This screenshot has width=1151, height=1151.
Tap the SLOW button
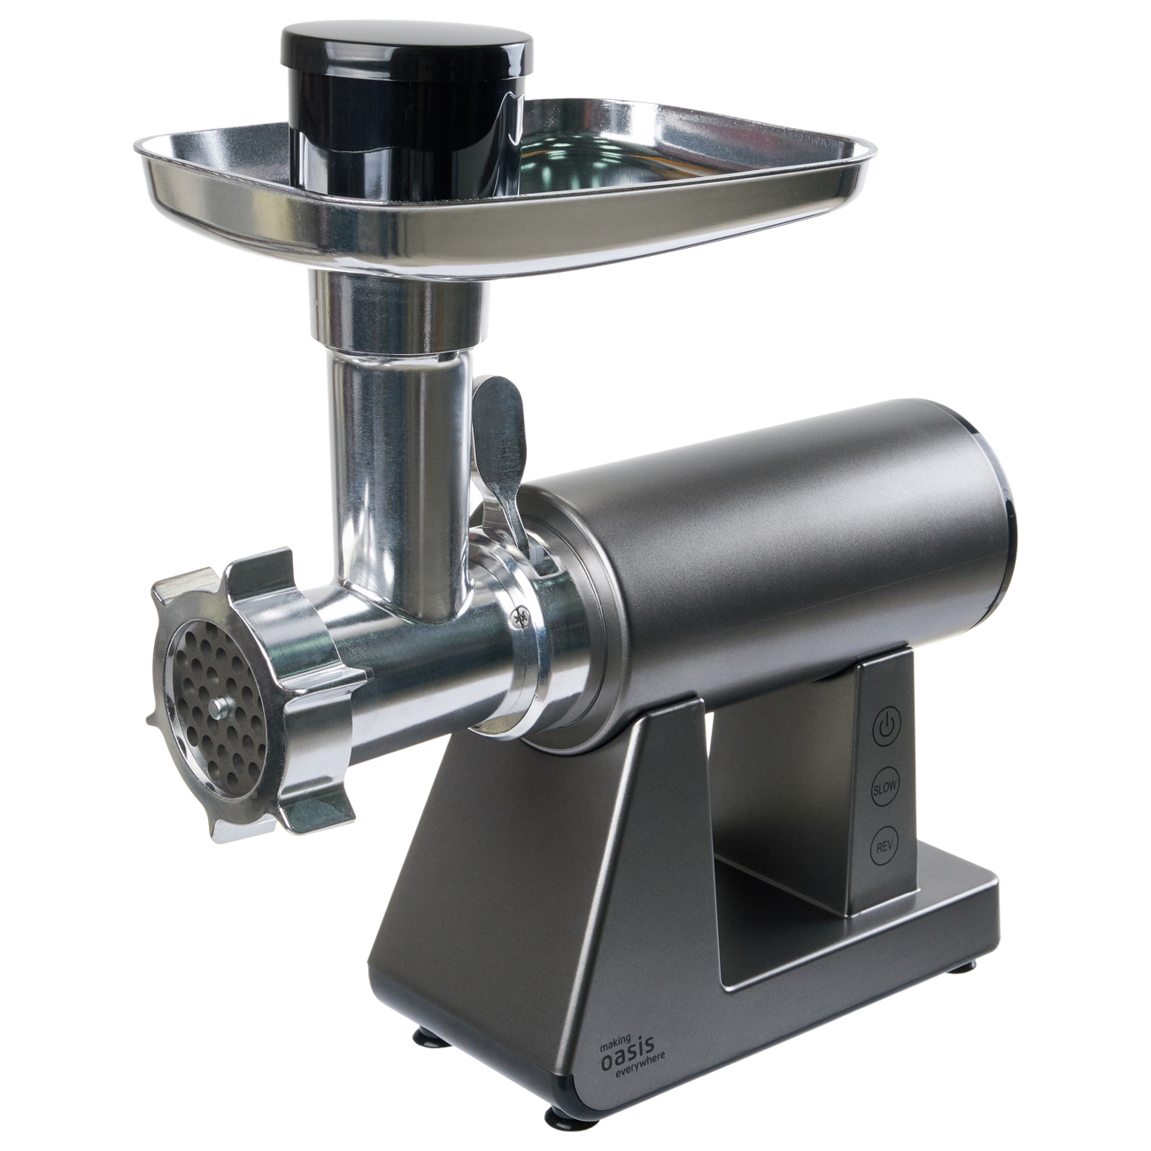[x=884, y=786]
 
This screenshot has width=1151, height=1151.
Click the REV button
[x=884, y=846]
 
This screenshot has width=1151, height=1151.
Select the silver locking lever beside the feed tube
[x=500, y=457]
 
